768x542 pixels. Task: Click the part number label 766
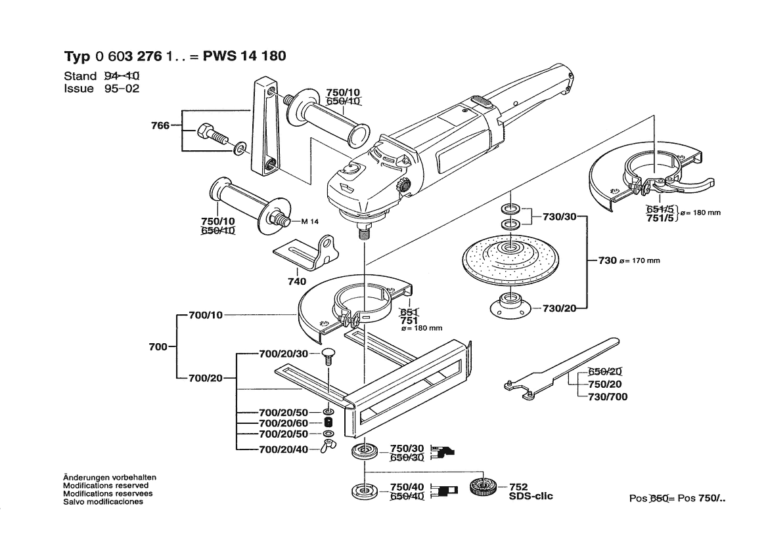tap(160, 125)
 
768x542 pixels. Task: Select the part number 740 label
tap(296, 281)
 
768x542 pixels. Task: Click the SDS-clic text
tap(530, 496)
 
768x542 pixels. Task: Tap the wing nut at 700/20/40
tap(327, 449)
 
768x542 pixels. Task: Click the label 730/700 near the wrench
tap(602, 396)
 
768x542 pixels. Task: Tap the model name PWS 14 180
tap(244, 56)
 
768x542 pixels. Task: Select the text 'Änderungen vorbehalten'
tap(109, 477)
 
